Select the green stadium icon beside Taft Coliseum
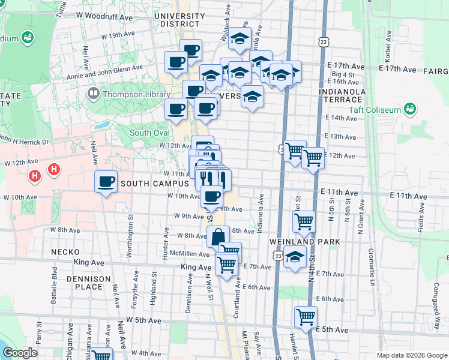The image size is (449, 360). coord(411,109)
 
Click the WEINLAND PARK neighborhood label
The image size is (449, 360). coord(305,241)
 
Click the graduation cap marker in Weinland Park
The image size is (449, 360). coord(294,258)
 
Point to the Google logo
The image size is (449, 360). coord(20,353)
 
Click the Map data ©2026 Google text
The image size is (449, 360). coord(411,355)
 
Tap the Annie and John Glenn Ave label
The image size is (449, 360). coord(106,69)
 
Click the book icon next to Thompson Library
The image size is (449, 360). coord(94,94)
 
